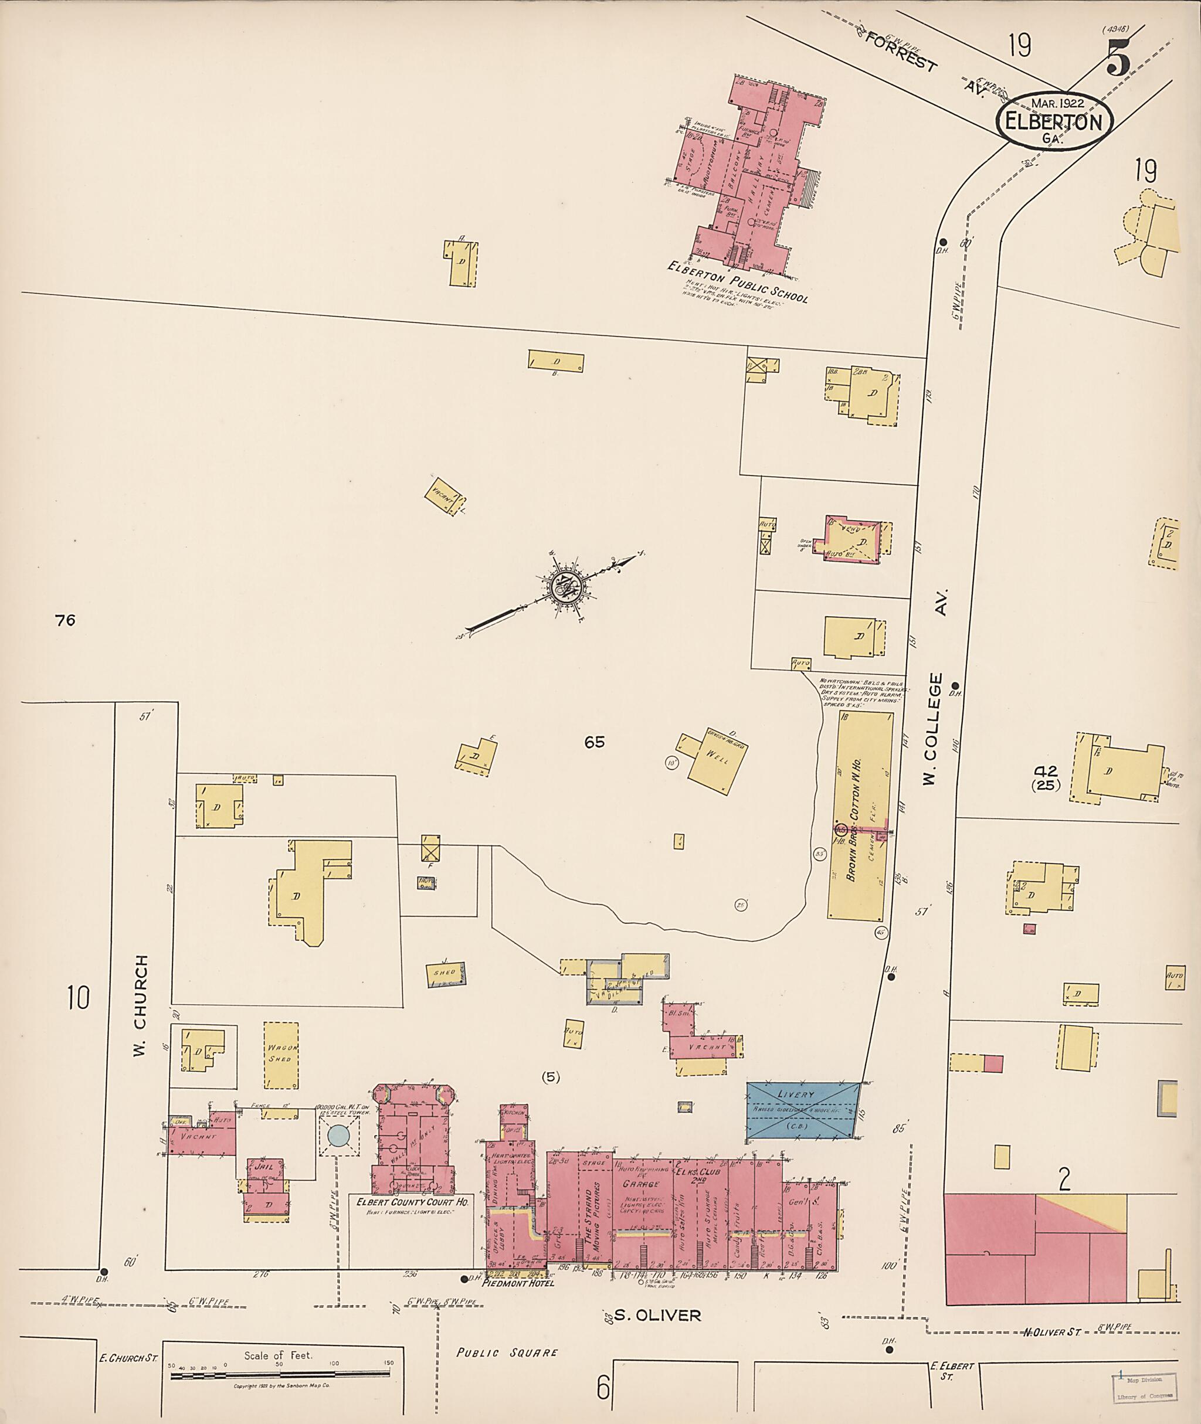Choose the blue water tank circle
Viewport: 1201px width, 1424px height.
(339, 1136)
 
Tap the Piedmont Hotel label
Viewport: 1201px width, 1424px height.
(517, 1284)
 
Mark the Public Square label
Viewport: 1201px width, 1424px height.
(507, 1352)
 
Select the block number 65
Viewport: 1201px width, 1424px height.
(595, 742)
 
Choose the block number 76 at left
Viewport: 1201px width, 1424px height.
(66, 620)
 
